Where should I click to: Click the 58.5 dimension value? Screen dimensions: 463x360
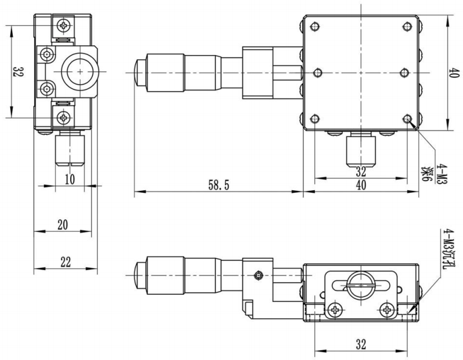219,185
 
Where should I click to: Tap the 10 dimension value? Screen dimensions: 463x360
70,179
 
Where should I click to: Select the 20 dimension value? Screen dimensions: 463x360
63,225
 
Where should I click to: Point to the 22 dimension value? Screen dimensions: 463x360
65,262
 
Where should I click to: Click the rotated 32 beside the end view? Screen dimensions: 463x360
18,72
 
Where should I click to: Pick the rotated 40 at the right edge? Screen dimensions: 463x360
454,72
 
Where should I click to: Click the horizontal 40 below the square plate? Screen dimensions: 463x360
361,185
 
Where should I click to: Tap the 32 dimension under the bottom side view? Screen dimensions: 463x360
361,344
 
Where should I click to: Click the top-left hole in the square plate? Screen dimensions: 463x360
316,27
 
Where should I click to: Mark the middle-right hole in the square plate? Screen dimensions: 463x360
404,72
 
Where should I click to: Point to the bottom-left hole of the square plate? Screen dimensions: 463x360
316,119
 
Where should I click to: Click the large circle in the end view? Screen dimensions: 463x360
62,72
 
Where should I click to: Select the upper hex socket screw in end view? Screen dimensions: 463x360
47,54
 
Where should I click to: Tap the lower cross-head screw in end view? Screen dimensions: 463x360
63,118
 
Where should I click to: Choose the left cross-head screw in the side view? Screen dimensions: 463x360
335,310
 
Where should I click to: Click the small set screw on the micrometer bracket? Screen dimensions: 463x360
259,275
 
